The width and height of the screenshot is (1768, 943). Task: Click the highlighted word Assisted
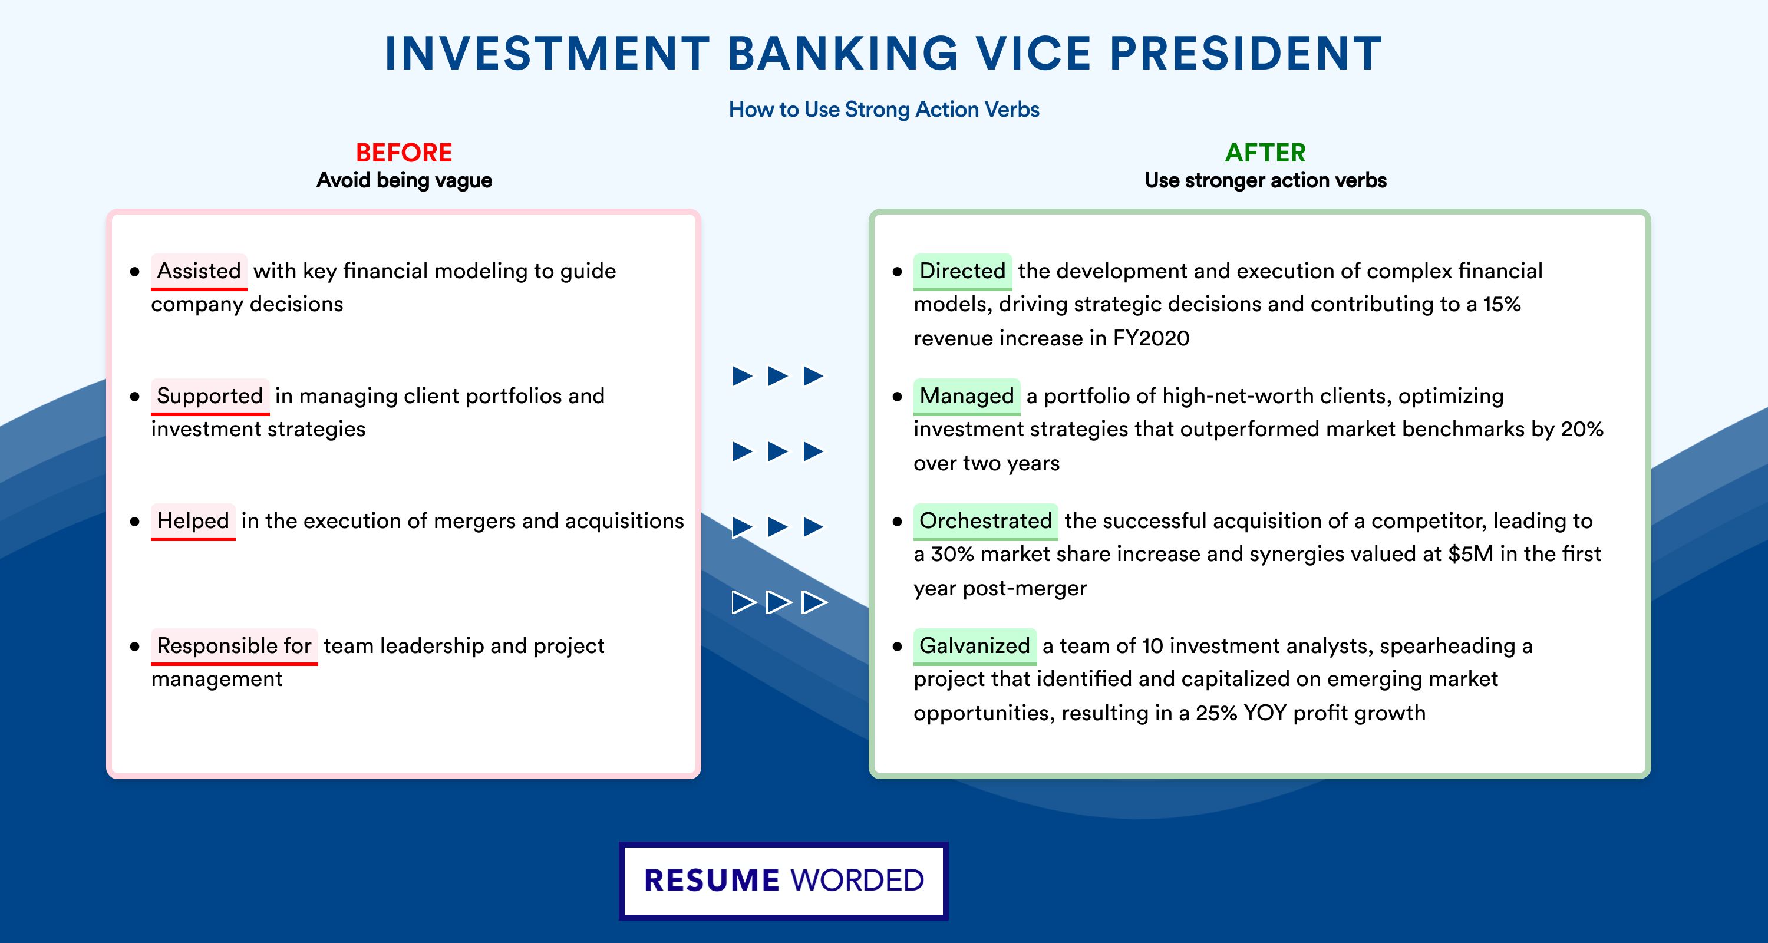click(199, 271)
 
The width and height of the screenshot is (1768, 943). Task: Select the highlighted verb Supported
click(210, 396)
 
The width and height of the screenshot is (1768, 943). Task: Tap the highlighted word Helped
click(193, 521)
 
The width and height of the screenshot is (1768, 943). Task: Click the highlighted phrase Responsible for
click(234, 646)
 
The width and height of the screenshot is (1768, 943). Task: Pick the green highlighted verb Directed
click(962, 271)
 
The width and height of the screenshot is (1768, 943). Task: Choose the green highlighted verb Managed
click(967, 396)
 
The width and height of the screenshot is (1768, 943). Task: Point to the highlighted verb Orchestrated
click(985, 521)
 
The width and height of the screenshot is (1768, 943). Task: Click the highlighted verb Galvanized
click(975, 646)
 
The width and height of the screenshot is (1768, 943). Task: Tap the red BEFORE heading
click(404, 153)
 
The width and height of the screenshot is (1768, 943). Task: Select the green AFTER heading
click(1266, 153)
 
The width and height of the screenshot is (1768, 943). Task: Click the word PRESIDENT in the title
click(1246, 54)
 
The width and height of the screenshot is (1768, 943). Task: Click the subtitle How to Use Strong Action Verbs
click(884, 109)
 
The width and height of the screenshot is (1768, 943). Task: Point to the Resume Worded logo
click(784, 881)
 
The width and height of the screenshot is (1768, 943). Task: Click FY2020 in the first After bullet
click(1151, 338)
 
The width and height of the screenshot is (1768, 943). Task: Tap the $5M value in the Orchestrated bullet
click(1471, 554)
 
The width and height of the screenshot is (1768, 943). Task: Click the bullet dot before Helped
click(134, 522)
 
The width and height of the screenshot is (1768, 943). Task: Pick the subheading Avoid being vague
click(404, 180)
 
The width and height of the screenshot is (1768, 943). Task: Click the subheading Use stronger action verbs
click(1266, 180)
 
